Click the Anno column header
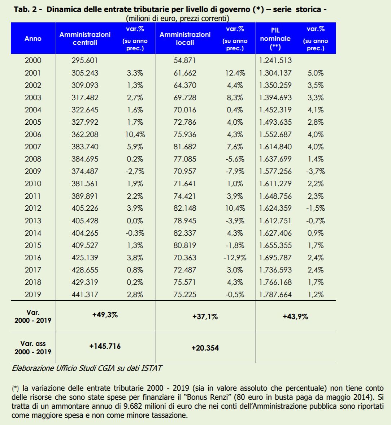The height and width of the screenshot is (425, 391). (x=33, y=39)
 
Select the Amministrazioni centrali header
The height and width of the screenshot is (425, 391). (x=85, y=39)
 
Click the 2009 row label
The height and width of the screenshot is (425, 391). (x=33, y=171)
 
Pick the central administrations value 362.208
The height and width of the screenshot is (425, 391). (x=85, y=134)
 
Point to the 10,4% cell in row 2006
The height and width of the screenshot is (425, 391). (x=135, y=134)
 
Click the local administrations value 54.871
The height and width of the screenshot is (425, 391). (x=185, y=61)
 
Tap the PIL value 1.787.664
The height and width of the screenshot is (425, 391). (x=275, y=294)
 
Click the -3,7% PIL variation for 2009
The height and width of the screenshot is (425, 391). (x=316, y=171)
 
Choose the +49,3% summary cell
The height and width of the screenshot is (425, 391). (x=105, y=315)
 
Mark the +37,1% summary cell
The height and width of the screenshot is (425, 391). (x=205, y=317)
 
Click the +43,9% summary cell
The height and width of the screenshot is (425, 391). (x=295, y=317)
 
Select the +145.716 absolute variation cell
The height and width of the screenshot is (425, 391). (x=105, y=346)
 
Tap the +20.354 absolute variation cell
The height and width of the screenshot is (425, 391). (x=205, y=348)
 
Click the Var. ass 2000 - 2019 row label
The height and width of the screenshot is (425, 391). (x=33, y=348)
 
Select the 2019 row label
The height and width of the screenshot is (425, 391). (x=33, y=294)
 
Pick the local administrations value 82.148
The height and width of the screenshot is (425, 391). (x=185, y=208)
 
